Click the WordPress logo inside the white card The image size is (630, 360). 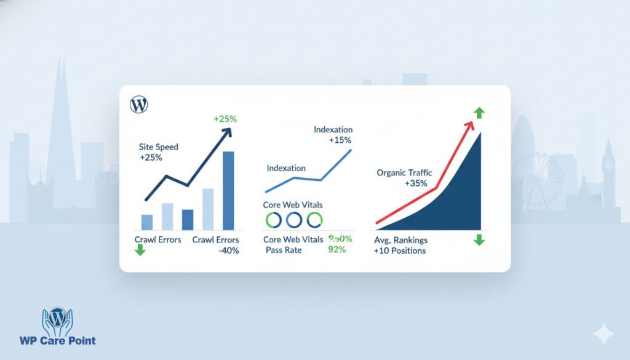coord(139,105)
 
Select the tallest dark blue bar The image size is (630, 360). coord(228,190)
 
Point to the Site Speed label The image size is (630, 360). coord(158,148)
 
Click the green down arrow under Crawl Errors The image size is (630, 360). coord(140,250)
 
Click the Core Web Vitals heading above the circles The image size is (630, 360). coord(292,204)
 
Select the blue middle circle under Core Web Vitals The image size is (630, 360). coord(293,219)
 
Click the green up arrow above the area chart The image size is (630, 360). coord(479,113)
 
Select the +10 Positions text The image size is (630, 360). coord(399,251)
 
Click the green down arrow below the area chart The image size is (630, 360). coord(479,239)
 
